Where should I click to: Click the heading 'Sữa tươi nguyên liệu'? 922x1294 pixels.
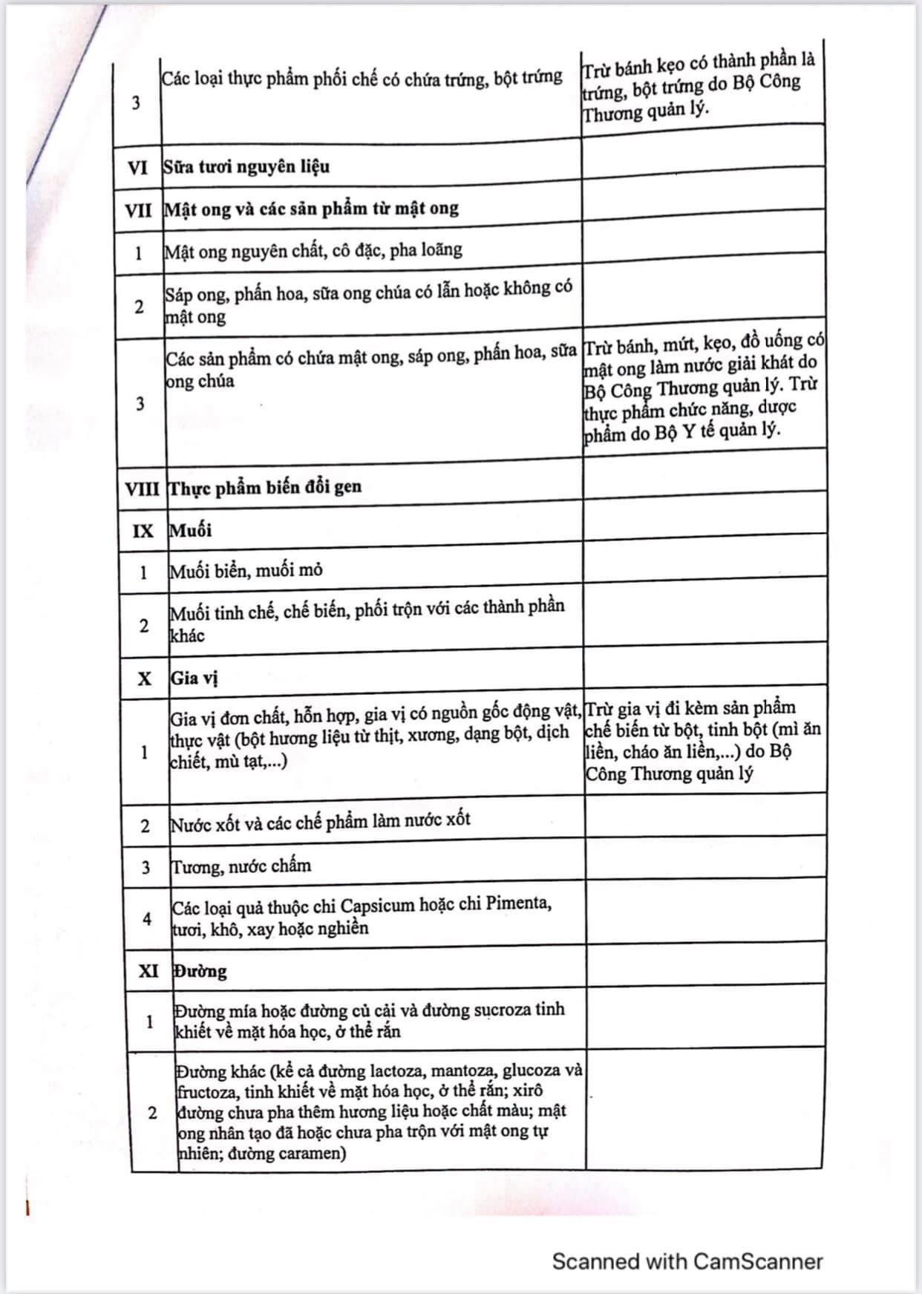(246, 166)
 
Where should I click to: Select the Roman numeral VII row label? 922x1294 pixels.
(138, 210)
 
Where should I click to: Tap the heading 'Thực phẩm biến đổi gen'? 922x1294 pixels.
(265, 488)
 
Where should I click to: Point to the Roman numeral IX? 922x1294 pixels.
(143, 531)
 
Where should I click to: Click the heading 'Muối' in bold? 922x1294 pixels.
(191, 530)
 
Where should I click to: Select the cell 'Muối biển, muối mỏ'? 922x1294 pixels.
(246, 571)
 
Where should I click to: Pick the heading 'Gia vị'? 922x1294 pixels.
(194, 678)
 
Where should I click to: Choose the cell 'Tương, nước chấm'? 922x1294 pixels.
(241, 866)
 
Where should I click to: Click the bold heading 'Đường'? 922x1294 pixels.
(200, 971)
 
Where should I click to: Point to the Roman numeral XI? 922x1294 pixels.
(148, 970)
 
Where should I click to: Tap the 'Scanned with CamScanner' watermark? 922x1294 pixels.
(687, 1261)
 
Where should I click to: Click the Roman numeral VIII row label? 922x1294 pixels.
(142, 489)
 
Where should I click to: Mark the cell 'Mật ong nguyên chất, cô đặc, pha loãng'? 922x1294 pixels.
(313, 251)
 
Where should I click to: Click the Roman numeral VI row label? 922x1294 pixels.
(137, 168)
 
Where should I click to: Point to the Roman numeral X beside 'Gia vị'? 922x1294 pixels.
(144, 679)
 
